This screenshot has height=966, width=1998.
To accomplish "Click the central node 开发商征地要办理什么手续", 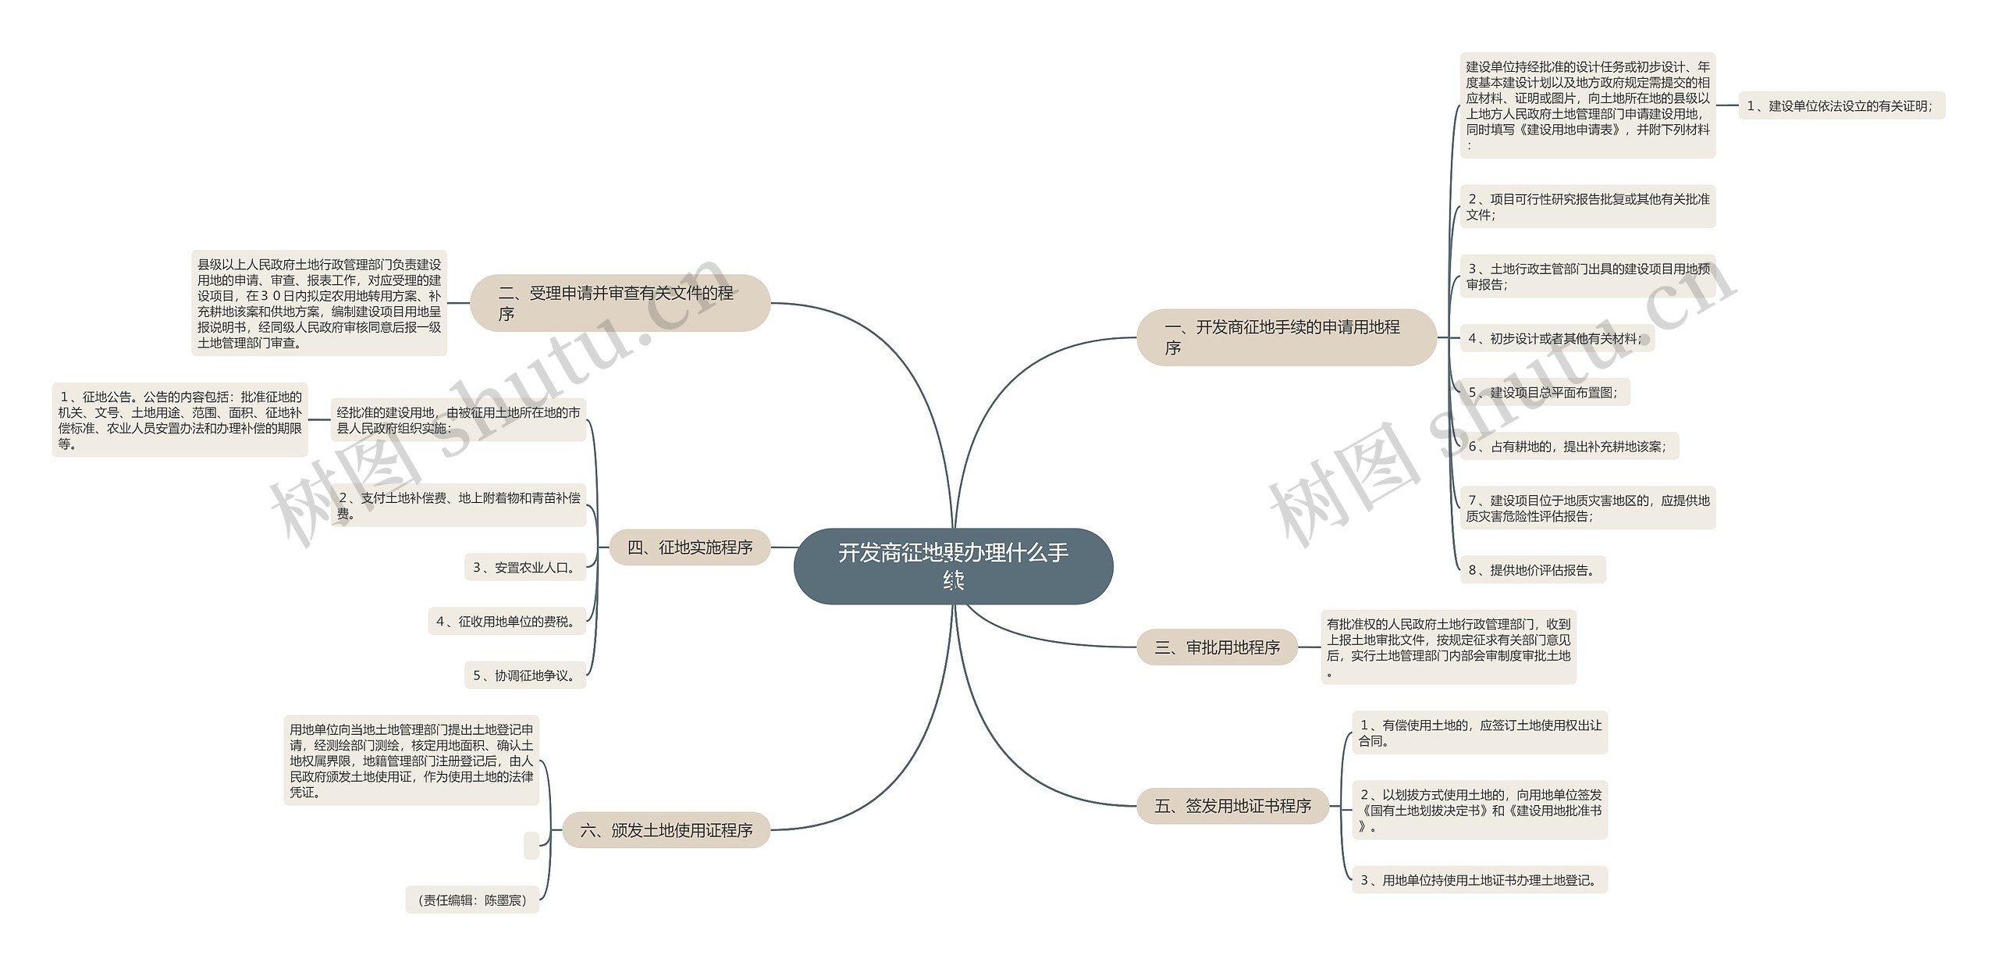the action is [953, 565].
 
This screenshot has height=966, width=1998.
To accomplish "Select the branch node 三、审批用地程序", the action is [1217, 647].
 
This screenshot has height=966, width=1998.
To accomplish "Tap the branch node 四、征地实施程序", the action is [690, 547].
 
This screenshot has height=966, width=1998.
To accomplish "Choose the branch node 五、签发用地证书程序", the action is [1232, 805].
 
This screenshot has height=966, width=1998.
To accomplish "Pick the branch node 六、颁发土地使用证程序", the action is [666, 830].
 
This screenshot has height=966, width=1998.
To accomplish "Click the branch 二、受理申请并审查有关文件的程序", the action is [620, 303].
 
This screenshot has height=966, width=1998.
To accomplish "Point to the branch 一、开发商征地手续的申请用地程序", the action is [1285, 337].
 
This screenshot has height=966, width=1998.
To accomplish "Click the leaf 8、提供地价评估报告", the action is [1532, 570].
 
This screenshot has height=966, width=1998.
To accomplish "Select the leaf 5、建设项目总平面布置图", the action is [1545, 392].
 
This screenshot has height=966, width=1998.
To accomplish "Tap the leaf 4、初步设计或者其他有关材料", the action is [1556, 338].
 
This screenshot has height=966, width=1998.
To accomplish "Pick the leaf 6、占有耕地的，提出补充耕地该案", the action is [1569, 447].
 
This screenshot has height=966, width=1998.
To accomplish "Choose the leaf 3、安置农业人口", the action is [525, 568].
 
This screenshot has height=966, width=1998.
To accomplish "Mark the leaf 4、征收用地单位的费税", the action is [507, 622].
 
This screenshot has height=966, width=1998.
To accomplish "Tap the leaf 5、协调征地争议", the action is [525, 675].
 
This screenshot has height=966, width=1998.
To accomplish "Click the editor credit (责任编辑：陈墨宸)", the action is [472, 900].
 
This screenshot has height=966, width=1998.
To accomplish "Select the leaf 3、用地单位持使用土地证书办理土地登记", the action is [1479, 880].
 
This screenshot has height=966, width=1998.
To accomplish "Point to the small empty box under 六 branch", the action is [531, 845].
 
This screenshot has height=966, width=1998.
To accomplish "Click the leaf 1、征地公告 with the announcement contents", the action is [180, 420].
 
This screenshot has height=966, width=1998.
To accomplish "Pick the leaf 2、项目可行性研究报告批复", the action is [1587, 207].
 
